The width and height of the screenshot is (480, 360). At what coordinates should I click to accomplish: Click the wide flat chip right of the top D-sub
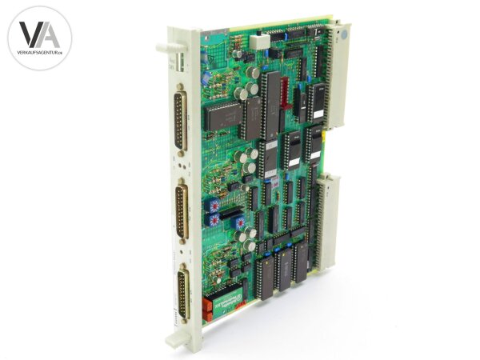coord(222,117)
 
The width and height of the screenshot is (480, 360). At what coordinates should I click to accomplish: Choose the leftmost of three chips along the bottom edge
coord(266,275)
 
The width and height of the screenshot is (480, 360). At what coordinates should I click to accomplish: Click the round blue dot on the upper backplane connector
coord(343,37)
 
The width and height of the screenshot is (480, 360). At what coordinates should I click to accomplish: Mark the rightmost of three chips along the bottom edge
coord(302,262)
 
